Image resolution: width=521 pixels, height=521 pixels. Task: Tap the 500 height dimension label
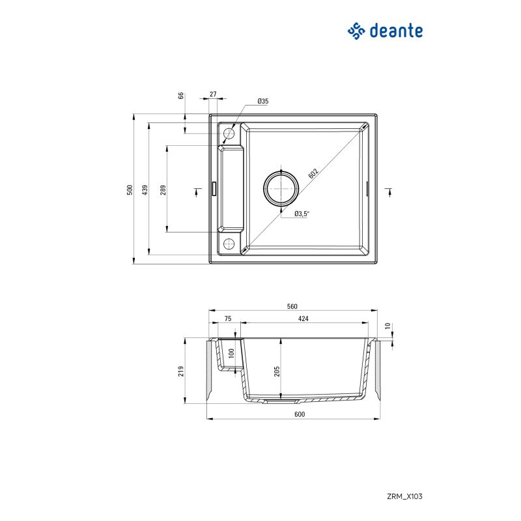tap(130, 190)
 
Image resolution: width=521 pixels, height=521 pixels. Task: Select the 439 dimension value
tap(146, 190)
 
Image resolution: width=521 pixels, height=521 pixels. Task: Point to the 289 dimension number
tap(163, 190)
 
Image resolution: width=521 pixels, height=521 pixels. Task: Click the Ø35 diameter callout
tap(263, 101)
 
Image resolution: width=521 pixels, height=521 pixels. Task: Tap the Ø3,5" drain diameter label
tap(302, 213)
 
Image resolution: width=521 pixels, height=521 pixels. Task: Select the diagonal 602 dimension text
tap(314, 174)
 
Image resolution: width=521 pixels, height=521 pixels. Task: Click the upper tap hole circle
tap(229, 134)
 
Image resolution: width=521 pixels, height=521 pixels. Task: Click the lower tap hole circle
tap(229, 244)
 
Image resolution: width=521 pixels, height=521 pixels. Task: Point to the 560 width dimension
tap(292, 306)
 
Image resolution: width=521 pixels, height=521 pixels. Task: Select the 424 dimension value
tap(303, 318)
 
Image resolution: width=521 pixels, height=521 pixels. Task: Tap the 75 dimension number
tap(227, 318)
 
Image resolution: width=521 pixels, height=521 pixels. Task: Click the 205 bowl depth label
tap(277, 371)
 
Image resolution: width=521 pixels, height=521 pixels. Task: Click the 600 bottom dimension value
tap(299, 414)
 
